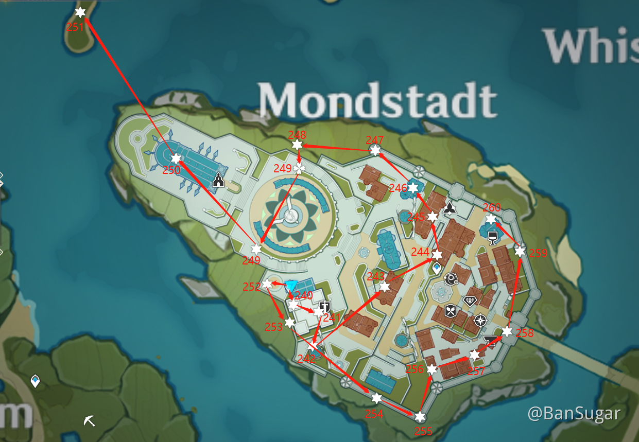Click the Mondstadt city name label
coord(377,100)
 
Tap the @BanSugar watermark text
coord(574,413)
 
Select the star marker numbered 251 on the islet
coord(80,12)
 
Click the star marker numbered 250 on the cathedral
coord(176,158)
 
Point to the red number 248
coord(297,135)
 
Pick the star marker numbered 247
coord(375,150)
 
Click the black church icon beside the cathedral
coord(219,180)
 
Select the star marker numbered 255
coord(420,417)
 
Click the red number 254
coord(374,414)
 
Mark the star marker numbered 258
coord(507,331)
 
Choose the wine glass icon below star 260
coord(492,238)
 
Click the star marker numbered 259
coord(520,252)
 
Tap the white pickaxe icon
coord(90,421)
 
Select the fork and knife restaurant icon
coord(451,311)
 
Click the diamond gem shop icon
coord(470,301)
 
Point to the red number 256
coord(415,369)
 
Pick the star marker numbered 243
coord(384,287)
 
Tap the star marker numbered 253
coord(290,323)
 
